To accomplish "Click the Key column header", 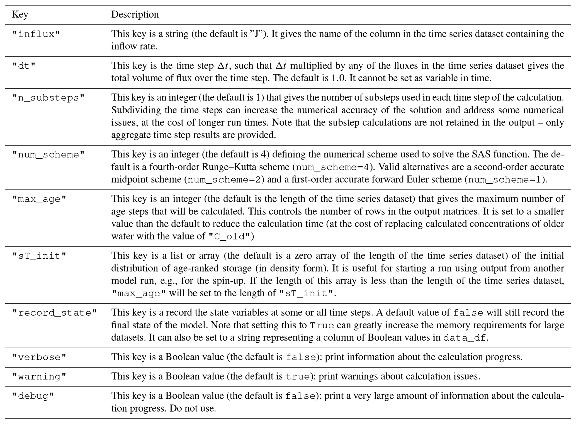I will point(20,14).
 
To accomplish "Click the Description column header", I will point(135,14).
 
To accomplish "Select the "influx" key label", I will point(36,34).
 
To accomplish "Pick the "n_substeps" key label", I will point(48,98).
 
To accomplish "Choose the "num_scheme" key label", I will point(48,155).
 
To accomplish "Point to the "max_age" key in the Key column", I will point(39,199).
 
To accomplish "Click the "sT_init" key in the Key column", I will point(39,256).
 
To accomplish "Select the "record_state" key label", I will point(55,313).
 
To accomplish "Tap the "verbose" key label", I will point(39,357).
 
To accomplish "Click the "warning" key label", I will point(39,377).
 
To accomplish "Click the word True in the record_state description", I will point(322,326).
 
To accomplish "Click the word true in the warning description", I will point(298,377).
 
